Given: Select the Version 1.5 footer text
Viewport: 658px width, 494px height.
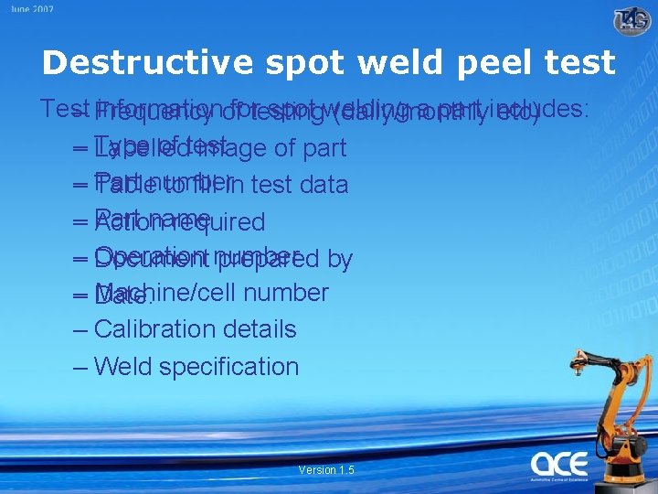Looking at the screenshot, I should point(326,469).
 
